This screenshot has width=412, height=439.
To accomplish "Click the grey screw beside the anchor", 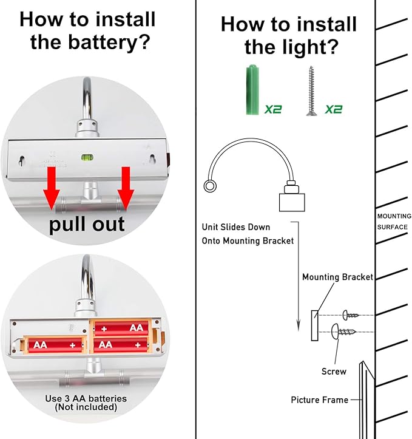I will point(311,91).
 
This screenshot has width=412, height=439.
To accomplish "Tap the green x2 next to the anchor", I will point(273,109).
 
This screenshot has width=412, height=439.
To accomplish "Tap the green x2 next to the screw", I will point(334,109).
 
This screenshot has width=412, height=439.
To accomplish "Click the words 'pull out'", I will point(87,223).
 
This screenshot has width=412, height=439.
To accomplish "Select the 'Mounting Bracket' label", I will point(337,277).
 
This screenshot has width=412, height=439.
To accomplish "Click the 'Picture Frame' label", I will point(319,400).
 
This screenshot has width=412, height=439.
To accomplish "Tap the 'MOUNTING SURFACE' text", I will point(394,222).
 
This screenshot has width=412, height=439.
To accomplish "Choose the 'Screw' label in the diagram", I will point(334,371).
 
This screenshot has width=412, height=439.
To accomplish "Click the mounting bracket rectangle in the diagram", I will point(314,325).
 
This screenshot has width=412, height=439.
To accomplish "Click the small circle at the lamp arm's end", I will point(209,186).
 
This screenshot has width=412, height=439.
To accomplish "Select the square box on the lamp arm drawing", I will point(291,201).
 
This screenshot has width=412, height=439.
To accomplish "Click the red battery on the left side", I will point(55,344).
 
